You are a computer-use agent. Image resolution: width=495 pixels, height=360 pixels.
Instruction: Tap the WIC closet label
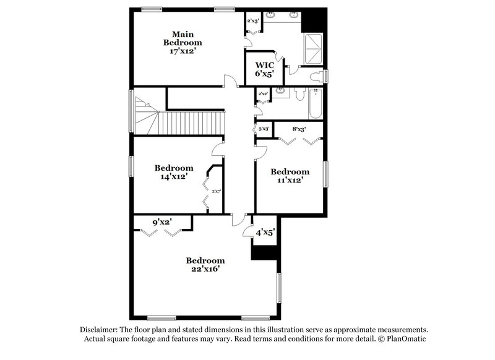tap(265, 64)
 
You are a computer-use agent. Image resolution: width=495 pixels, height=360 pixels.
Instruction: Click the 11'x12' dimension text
tap(290, 180)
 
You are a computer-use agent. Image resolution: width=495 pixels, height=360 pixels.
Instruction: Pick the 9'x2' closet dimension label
tap(161, 221)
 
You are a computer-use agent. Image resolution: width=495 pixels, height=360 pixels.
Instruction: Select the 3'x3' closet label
tap(265, 129)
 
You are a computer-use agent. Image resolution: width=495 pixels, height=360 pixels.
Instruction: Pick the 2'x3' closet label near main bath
tap(253, 20)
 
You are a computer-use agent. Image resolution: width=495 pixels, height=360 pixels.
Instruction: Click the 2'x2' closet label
tap(263, 94)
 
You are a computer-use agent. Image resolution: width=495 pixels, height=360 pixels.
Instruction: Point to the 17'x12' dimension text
tap(183, 51)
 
